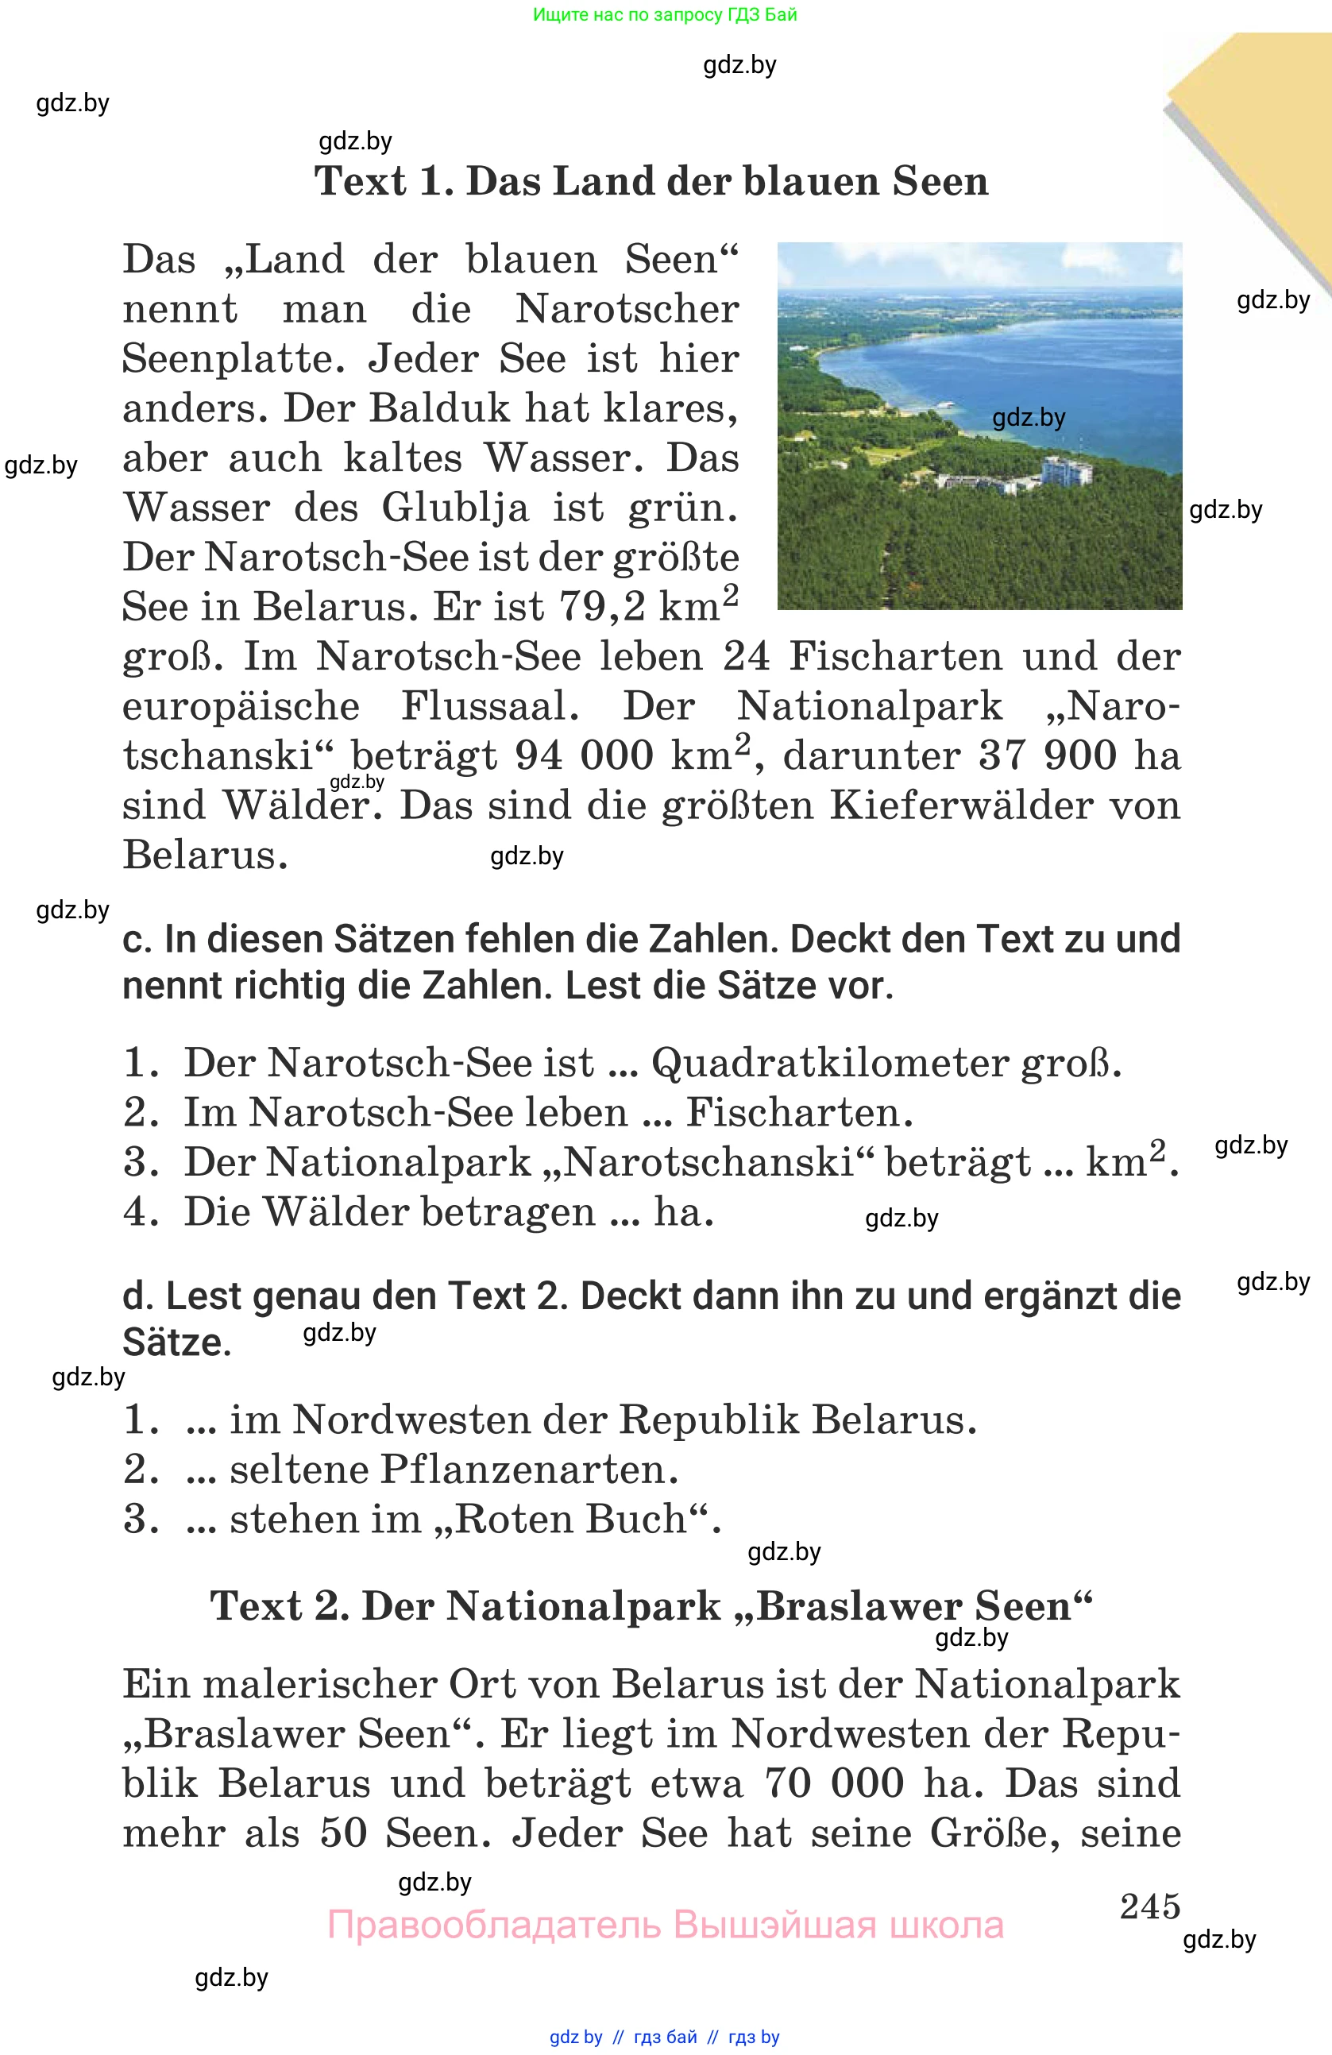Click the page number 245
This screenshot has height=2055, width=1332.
click(x=1150, y=1906)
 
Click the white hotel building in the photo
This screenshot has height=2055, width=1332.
click(x=1066, y=471)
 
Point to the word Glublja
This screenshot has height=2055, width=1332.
click(x=455, y=508)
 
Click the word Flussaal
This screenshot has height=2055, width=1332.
click(x=489, y=706)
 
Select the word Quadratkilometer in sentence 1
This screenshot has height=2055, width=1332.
click(x=829, y=1063)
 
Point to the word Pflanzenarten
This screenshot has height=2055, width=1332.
click(x=528, y=1469)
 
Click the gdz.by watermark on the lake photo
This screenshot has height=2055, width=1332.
click(x=1028, y=418)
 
